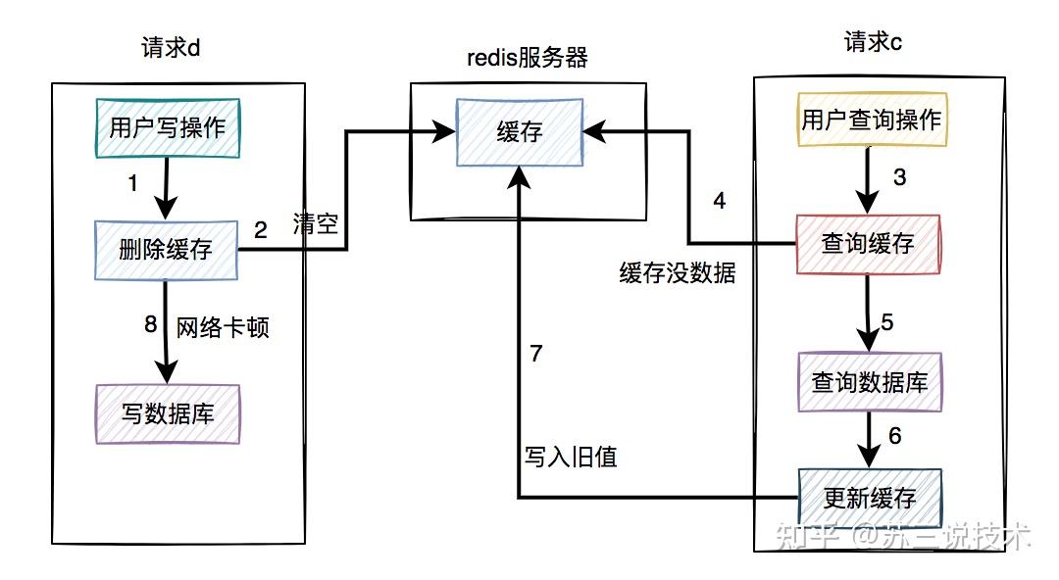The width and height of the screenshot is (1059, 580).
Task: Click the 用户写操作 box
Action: click(168, 128)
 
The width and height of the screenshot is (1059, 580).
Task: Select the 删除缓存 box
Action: click(166, 250)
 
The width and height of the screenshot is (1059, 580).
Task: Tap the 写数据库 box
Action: click(168, 413)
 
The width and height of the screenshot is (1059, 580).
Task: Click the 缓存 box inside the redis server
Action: click(520, 132)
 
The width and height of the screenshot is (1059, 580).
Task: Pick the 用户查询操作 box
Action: click(872, 120)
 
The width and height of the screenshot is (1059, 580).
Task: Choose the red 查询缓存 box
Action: click(868, 244)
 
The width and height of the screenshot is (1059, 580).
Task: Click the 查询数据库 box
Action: click(870, 382)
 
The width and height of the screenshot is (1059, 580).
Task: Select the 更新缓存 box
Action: click(870, 499)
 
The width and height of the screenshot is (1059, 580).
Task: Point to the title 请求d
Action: click(171, 47)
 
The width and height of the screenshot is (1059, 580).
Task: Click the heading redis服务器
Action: click(528, 58)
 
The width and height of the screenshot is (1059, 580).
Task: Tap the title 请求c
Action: click(873, 42)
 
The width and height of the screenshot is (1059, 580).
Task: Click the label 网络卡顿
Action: click(223, 327)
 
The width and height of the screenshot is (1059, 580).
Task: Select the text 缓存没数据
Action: click(678, 272)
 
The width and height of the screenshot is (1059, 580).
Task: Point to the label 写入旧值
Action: click(571, 458)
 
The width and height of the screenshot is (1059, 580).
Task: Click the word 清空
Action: click(316, 222)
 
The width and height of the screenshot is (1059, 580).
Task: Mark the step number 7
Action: click(536, 353)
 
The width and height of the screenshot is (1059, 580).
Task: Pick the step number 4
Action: click(720, 201)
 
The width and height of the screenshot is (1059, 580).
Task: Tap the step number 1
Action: click(133, 182)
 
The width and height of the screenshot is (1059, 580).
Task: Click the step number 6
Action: click(895, 436)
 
